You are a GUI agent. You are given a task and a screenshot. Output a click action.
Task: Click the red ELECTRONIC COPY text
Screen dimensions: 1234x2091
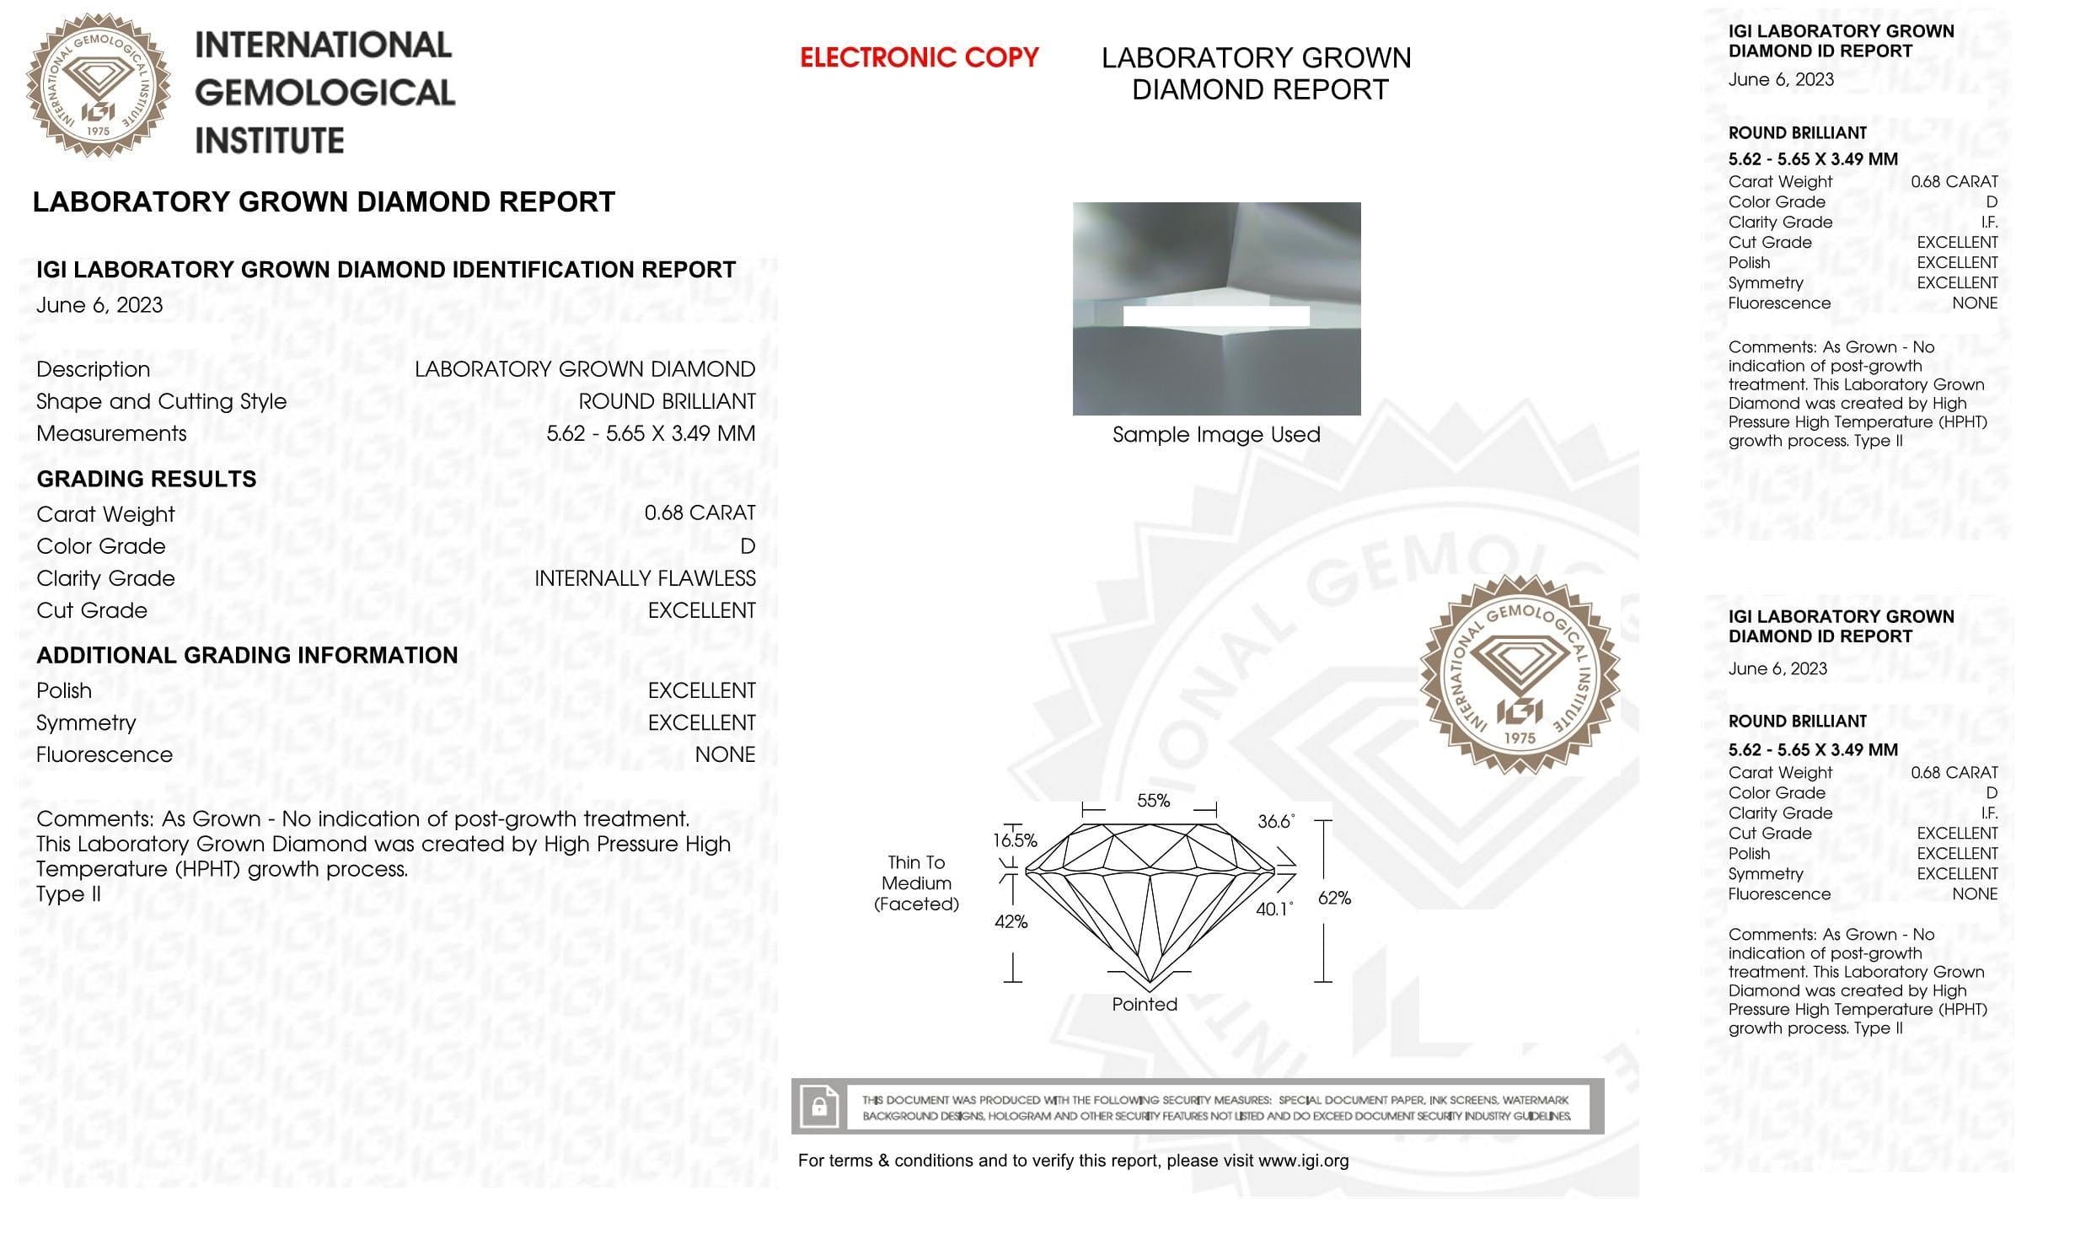919,57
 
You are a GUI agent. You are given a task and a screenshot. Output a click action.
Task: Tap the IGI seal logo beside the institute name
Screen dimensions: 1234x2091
98,85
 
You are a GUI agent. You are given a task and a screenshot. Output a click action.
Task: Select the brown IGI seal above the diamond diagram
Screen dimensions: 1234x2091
1519,674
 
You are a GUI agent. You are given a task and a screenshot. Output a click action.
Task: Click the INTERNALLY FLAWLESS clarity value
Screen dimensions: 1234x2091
645,578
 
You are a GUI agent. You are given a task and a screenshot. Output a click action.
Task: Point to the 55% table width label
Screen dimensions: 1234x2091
1153,801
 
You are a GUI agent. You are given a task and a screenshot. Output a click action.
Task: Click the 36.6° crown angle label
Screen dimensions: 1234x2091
1275,821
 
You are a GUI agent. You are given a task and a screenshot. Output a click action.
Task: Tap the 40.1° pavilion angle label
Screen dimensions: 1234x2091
1273,909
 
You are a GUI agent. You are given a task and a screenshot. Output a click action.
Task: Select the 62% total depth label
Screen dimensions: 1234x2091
1334,898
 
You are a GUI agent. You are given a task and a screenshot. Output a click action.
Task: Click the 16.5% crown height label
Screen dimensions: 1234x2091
1015,840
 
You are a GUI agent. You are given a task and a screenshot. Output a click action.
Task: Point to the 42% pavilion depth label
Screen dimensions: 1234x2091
1011,921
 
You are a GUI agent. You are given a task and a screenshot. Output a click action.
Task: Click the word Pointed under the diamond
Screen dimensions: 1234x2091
1144,1004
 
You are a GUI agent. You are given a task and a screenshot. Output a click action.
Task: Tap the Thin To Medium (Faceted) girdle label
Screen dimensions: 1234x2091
916,883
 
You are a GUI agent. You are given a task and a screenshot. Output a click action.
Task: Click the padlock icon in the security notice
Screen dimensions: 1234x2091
819,1106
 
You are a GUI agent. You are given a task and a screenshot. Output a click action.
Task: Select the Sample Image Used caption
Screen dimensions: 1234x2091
1215,435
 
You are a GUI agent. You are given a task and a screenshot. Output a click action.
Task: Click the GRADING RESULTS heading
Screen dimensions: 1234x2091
147,479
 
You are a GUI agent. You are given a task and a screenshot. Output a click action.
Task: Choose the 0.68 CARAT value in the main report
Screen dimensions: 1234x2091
700,512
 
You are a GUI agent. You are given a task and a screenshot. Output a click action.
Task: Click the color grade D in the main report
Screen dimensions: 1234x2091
748,546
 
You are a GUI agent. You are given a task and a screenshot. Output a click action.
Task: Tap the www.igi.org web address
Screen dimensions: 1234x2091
1303,1161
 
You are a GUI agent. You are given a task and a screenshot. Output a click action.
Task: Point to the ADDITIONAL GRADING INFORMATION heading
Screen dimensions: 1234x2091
247,655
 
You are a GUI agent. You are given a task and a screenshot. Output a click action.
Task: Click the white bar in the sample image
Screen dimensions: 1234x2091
1215,316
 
